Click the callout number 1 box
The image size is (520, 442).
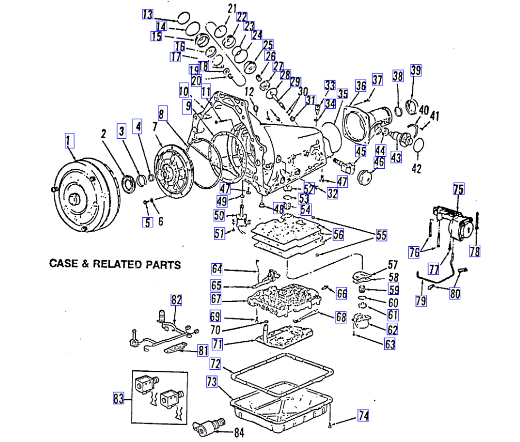[70, 140]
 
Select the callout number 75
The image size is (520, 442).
[458, 190]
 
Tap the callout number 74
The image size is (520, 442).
[363, 416]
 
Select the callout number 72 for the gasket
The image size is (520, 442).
[214, 363]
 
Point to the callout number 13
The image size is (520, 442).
[147, 15]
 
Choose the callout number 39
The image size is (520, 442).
[416, 71]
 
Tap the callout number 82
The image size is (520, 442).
[176, 300]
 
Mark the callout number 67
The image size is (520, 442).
[215, 299]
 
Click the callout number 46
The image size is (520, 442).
[379, 162]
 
